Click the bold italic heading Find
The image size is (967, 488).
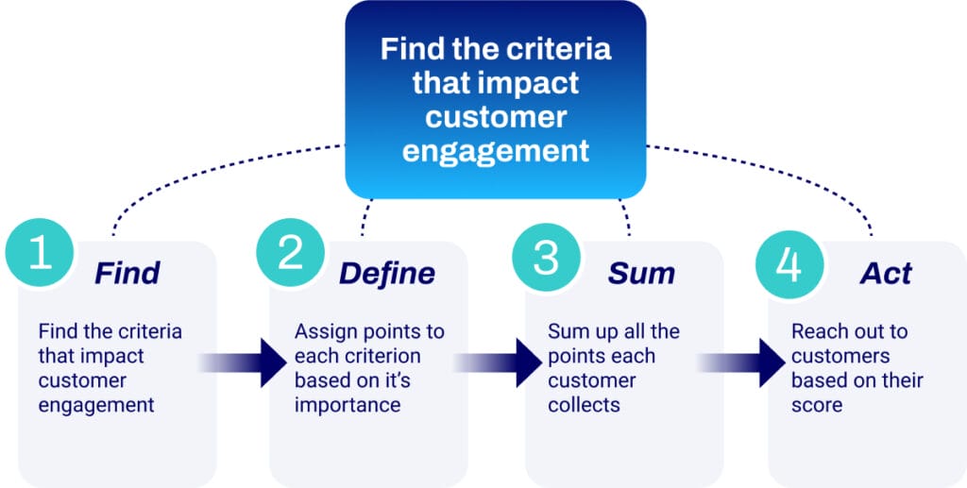coord(127,274)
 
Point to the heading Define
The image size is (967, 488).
coord(387,274)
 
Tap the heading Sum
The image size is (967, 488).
coord(641,274)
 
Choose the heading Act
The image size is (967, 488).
coord(886,274)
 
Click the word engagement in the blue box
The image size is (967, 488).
coord(496,150)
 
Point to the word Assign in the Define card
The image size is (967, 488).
coord(321,332)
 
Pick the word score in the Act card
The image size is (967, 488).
coord(816,406)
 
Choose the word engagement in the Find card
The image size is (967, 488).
coord(96,406)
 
